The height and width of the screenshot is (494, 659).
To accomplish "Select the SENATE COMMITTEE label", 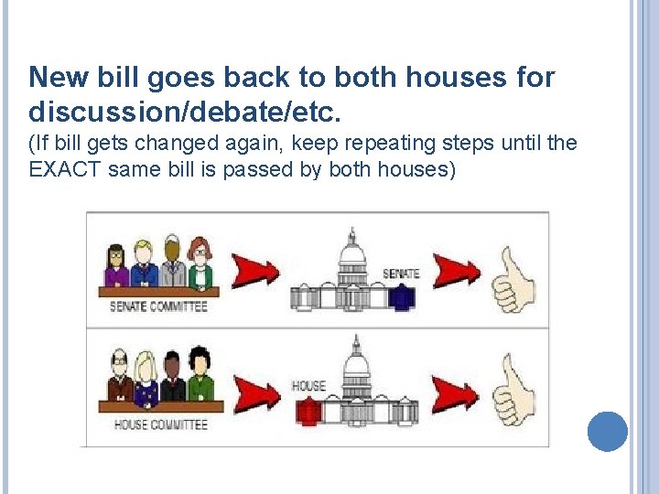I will pos(158,306).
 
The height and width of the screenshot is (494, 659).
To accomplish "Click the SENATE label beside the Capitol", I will pos(401,274).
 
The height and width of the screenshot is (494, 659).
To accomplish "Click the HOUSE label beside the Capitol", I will pos(308,385).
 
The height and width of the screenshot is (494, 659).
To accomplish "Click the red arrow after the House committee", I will pos(257,391).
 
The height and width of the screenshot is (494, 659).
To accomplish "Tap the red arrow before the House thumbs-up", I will pos(455,392).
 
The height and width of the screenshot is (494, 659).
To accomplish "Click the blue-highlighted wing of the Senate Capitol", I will pos(402,298).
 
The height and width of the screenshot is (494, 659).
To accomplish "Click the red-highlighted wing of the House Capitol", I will pos(308,412).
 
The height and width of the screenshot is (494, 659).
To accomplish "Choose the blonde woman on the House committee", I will pos(145,378).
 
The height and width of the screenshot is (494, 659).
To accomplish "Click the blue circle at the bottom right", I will pos(607,431).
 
